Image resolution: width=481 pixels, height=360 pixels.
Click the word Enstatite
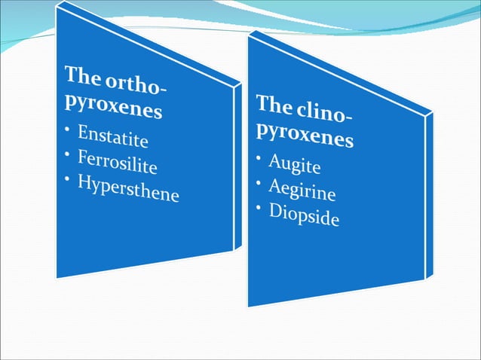coord(114,139)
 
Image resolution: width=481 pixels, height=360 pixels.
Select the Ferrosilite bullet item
coord(120,163)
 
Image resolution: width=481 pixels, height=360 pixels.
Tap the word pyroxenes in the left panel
coord(113,105)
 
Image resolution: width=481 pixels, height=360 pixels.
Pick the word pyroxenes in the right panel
coord(305,133)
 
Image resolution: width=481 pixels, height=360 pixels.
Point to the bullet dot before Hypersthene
coord(67,176)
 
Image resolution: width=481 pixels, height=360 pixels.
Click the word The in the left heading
coord(81,75)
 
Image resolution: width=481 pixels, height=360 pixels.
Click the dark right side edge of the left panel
coord(237,166)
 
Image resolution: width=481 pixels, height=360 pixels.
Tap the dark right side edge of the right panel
coord(430,196)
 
